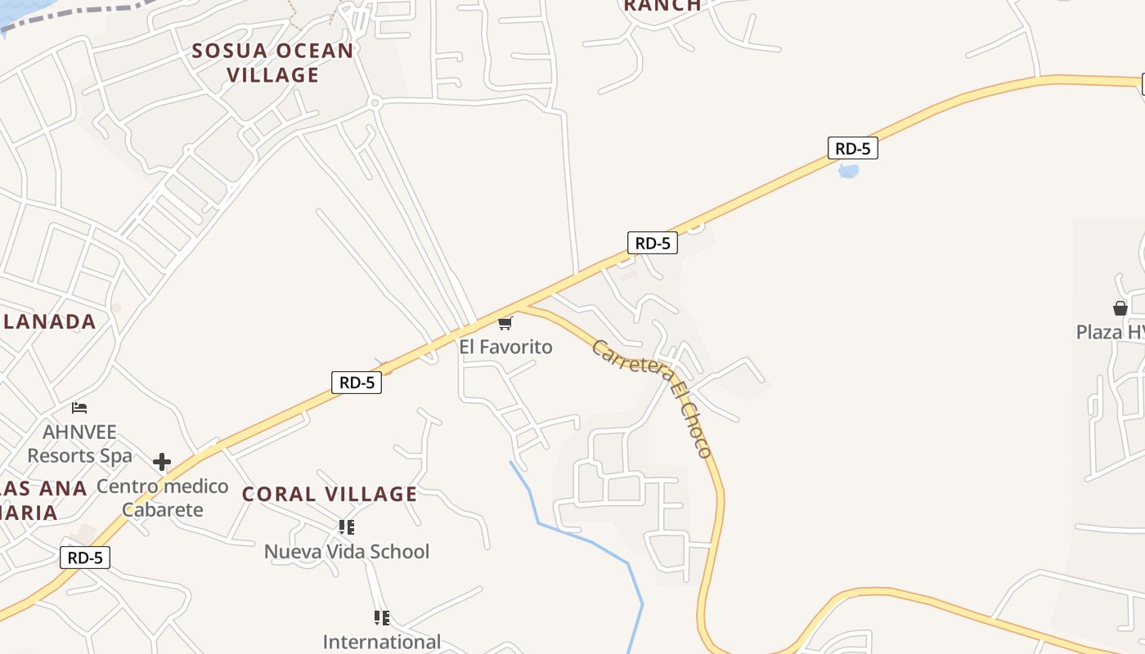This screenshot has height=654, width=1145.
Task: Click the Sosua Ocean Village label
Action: coord(272,63)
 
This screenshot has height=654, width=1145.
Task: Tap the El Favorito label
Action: coord(505,347)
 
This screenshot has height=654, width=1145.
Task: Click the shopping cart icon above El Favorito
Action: coord(505,324)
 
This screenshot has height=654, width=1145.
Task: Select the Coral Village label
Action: coord(330,494)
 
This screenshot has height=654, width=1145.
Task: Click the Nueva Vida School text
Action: coord(346,551)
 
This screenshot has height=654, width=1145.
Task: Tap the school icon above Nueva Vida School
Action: coord(347,527)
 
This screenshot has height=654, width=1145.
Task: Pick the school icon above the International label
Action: coord(381,618)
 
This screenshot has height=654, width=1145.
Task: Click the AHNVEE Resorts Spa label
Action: coord(79,443)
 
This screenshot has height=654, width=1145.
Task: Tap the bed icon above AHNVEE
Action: coord(79,407)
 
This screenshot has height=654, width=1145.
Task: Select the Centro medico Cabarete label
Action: coord(162,498)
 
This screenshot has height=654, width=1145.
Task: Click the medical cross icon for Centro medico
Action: coord(162,463)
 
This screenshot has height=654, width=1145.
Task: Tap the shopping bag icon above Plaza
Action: coord(1120,308)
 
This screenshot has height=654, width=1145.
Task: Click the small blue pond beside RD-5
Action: coord(849,171)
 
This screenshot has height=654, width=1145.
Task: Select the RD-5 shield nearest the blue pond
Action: coord(852,148)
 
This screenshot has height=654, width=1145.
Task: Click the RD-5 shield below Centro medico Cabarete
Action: coord(85,558)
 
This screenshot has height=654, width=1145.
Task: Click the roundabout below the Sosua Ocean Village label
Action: coord(375,103)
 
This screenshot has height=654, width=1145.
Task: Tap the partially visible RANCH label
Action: coord(662,6)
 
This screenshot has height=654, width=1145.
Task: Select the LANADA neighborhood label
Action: coord(50,321)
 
